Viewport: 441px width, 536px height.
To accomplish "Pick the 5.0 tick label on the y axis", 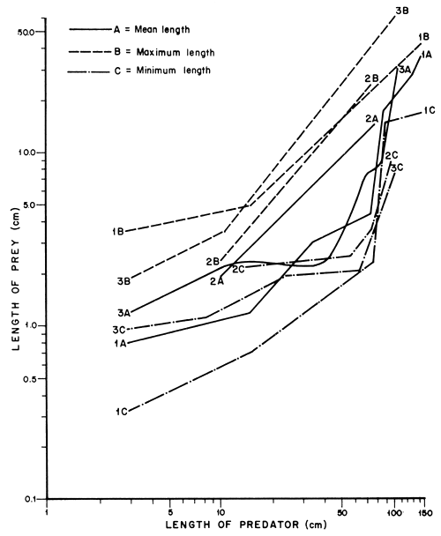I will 26,205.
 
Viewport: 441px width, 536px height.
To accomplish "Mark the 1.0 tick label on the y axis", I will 26,325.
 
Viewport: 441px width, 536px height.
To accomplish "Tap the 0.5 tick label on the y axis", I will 26,378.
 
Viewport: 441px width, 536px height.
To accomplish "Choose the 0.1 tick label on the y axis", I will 26,499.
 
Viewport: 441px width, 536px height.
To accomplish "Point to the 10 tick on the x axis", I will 220,511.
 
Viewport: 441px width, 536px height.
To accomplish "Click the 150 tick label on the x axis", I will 425,511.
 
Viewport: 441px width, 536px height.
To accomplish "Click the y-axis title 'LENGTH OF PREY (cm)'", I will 15,264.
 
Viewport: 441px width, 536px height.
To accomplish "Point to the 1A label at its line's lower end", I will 122,343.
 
